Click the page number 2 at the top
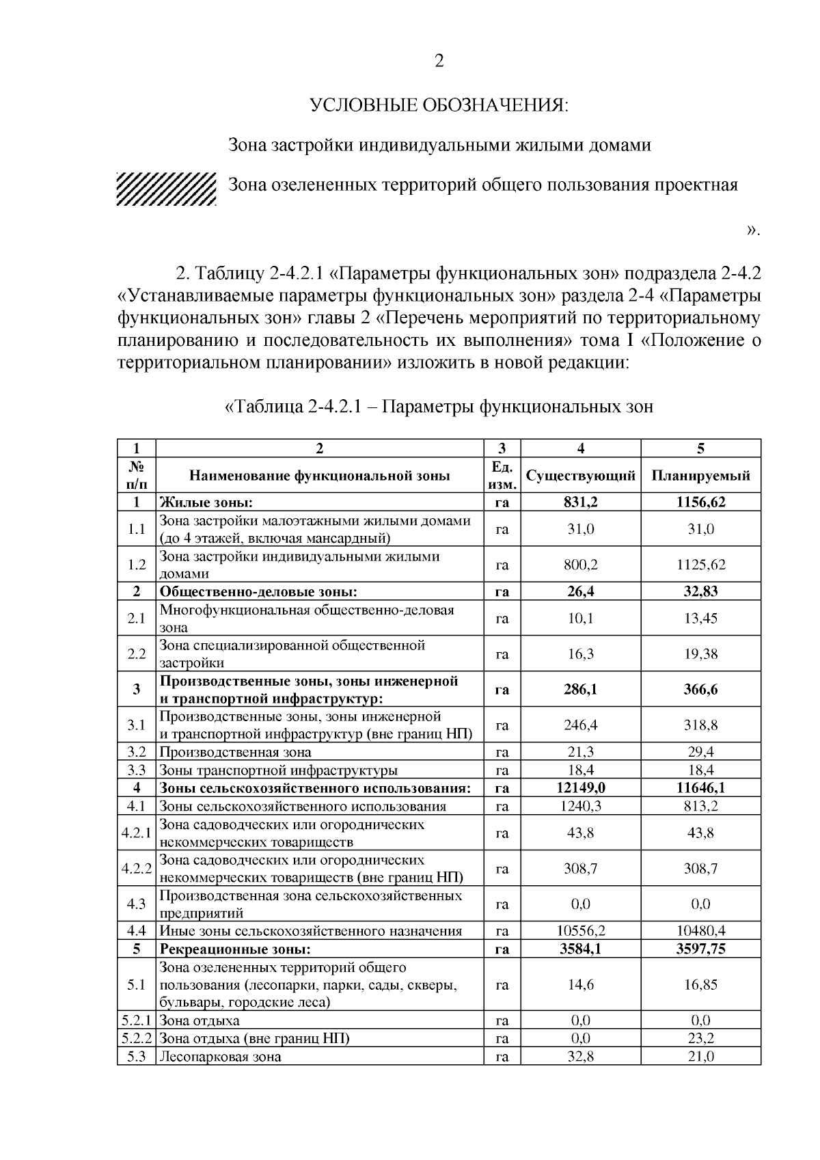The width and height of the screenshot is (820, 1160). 439,62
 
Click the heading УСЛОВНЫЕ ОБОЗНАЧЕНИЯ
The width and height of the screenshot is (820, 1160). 439,105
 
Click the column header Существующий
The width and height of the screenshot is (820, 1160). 580,476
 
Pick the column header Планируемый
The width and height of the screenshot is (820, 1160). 700,476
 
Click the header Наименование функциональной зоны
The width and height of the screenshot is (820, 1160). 320,476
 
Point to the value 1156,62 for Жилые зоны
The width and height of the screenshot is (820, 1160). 700,502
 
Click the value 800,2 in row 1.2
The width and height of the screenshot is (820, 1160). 580,565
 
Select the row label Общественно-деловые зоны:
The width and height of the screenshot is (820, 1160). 259,592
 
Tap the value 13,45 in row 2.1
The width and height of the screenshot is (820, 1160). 700,619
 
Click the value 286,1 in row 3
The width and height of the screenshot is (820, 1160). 580,690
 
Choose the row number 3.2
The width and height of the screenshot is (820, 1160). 137,753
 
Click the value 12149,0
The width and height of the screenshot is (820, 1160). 580,788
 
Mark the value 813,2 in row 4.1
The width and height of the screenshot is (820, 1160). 700,806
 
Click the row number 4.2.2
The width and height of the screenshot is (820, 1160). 137,869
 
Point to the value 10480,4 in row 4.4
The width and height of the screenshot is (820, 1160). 700,931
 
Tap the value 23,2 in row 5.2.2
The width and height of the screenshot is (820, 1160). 700,1038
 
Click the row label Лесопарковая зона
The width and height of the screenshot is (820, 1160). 220,1057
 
